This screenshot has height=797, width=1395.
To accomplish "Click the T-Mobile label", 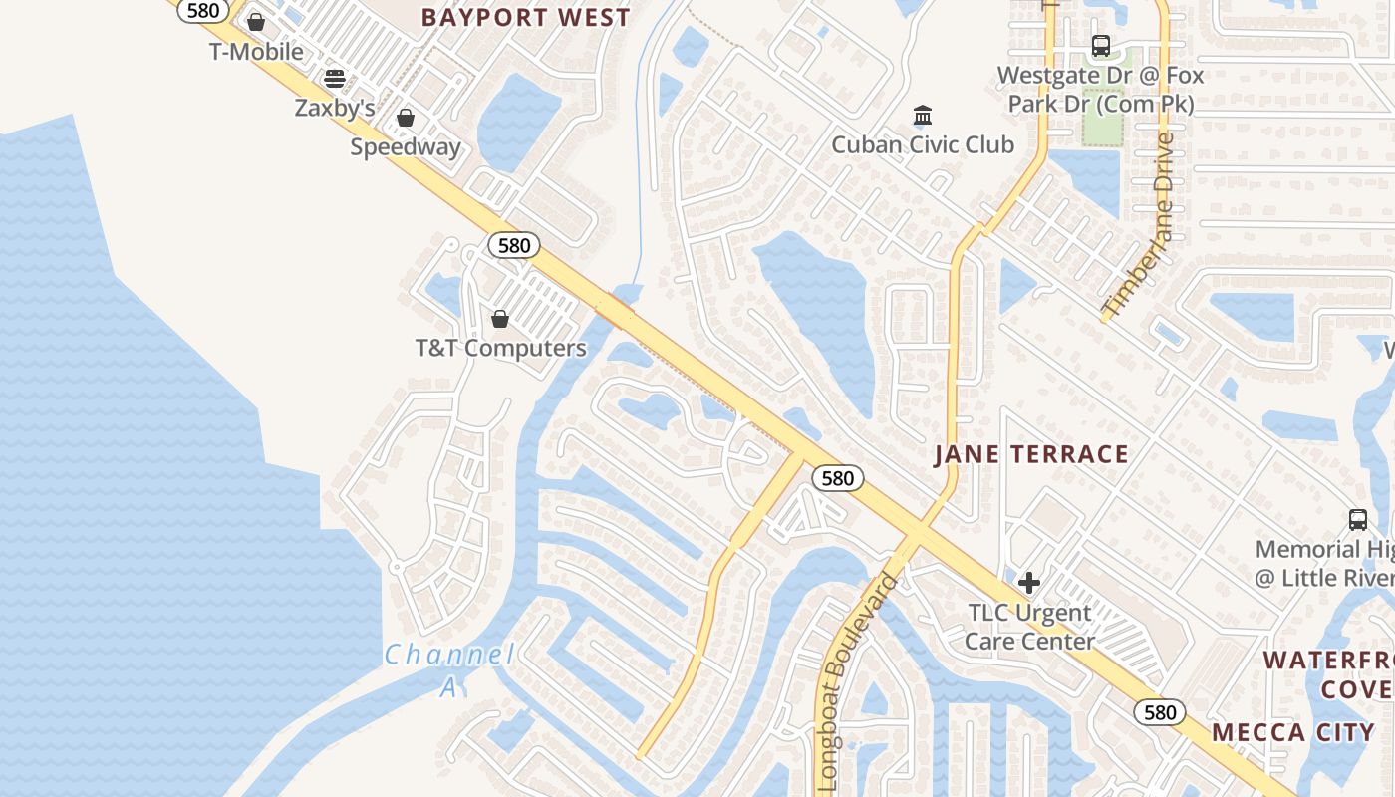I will (256, 51).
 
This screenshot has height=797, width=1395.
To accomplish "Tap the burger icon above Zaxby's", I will (335, 79).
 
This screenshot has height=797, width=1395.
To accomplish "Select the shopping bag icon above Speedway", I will (406, 119).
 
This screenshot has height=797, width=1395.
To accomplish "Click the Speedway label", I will (406, 147).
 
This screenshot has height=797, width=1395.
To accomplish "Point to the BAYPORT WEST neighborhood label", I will (525, 18).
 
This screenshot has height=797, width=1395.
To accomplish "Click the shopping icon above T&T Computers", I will (500, 319).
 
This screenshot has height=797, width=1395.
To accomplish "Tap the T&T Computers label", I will (500, 348).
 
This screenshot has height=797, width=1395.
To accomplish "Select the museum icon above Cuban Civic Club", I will (923, 116).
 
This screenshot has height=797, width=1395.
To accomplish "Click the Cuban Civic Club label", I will (923, 144).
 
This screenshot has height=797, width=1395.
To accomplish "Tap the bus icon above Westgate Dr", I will (1101, 46).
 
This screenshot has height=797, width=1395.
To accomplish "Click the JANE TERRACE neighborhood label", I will (1031, 455).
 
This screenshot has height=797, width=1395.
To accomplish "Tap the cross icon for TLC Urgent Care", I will (1029, 583).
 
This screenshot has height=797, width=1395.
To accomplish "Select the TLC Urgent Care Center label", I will (1029, 627).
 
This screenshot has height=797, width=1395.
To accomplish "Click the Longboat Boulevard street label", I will (856, 678).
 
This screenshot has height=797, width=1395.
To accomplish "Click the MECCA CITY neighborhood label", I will (1292, 733).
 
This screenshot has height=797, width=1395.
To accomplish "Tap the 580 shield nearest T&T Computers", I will (514, 245).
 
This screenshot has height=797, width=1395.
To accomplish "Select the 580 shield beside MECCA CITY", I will (1160, 712).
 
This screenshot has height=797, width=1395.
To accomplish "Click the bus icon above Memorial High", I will (1358, 519).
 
